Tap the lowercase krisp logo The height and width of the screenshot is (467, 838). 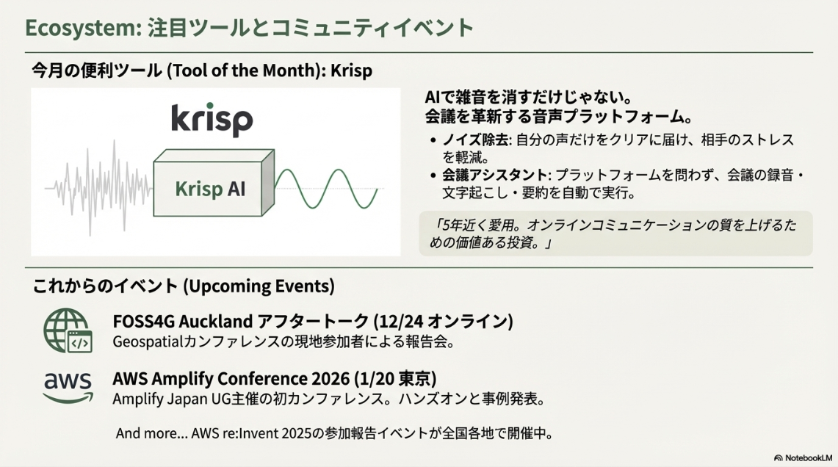pos(212,120)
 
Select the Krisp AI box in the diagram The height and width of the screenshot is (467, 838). pos(214,183)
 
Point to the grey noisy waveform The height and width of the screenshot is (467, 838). pos(98,187)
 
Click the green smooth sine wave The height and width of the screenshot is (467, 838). pos(326,189)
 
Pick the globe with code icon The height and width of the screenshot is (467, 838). pos(68,330)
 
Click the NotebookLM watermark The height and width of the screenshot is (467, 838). pos(803,458)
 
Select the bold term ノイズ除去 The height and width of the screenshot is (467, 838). pos(476,140)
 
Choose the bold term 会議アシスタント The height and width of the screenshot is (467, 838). pos(494,175)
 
